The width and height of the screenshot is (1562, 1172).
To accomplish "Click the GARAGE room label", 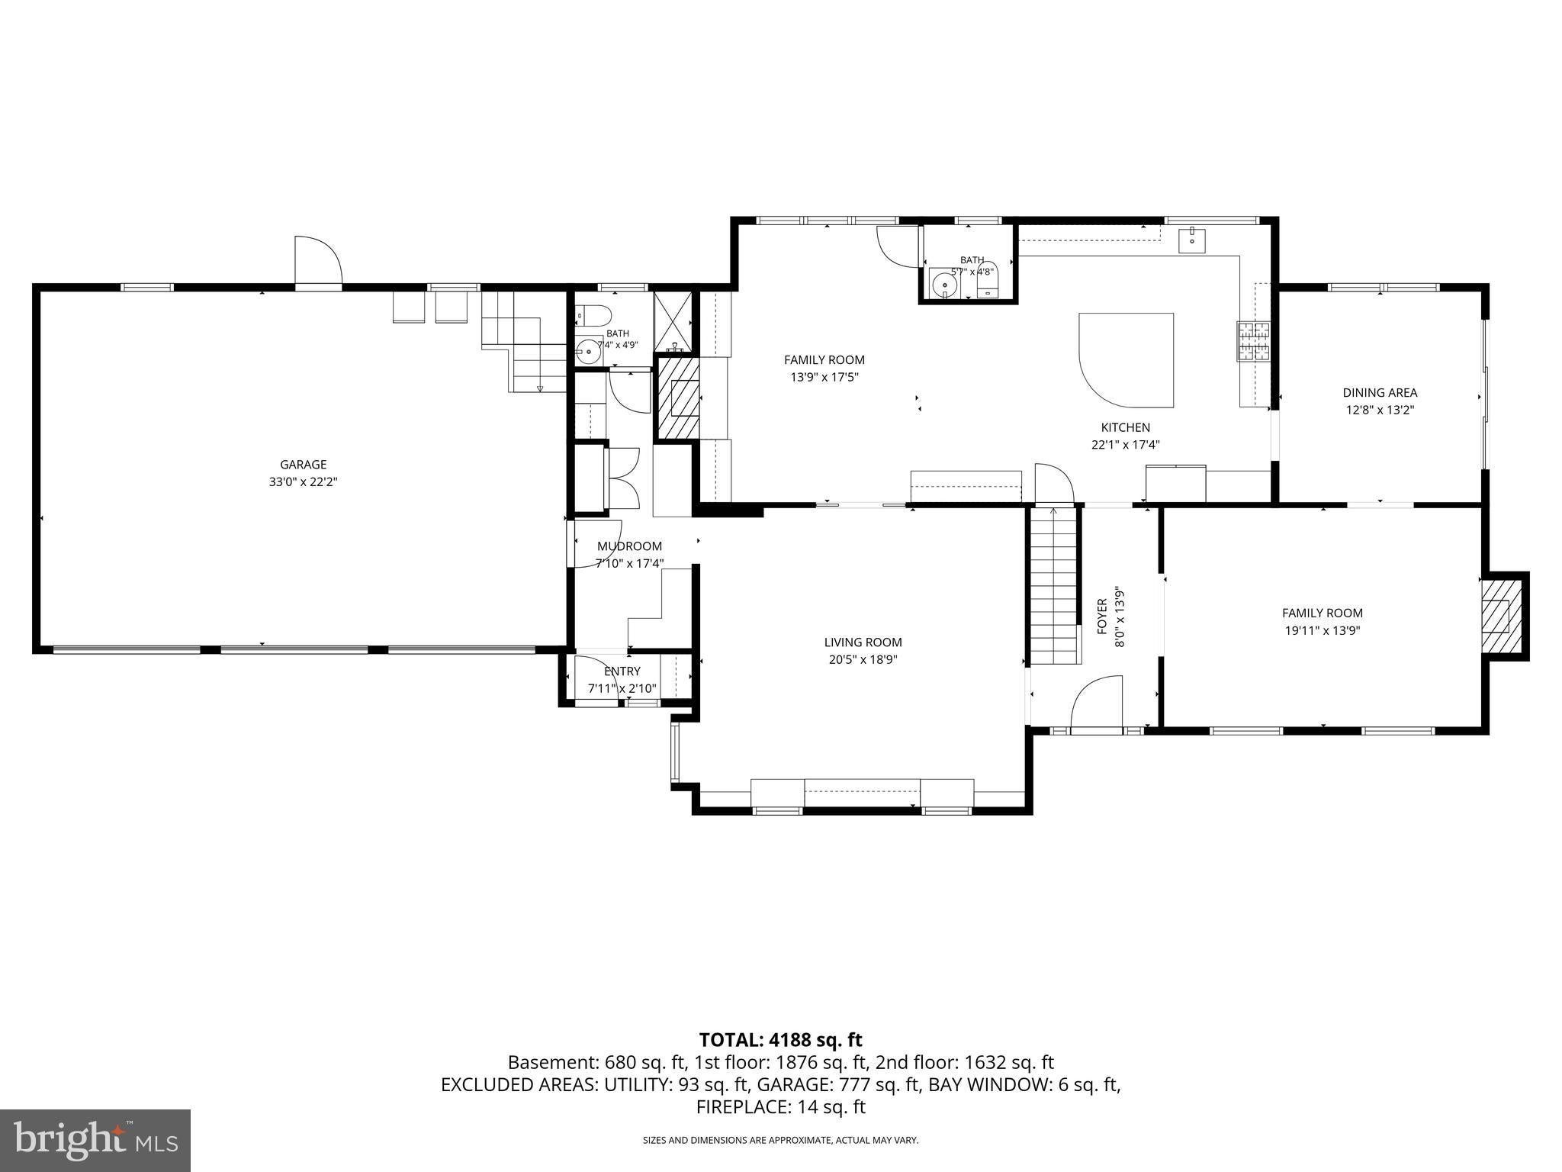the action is [x=303, y=464].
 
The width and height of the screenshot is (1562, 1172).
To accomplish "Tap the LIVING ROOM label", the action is [x=863, y=642].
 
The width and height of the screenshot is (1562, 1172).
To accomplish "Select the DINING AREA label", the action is [x=1380, y=393].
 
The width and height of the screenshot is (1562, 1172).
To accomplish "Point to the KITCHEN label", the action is [x=1125, y=427].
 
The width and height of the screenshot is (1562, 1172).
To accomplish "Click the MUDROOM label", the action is [x=629, y=546].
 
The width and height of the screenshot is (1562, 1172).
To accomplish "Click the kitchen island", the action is [x=1126, y=359].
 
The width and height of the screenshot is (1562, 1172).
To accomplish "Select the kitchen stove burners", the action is [x=1254, y=341].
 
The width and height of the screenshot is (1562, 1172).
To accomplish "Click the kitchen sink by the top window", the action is [x=1192, y=240].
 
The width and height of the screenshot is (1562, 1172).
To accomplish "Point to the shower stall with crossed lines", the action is [x=673, y=321].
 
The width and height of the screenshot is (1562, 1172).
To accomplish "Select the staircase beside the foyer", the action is [x=1053, y=585].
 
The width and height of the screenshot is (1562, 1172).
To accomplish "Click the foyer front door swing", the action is [x=1097, y=704].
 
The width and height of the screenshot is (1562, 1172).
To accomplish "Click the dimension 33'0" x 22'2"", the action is [x=303, y=481].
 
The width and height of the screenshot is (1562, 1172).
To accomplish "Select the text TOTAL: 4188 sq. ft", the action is [x=780, y=1039].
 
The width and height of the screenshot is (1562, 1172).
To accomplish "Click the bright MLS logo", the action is [x=95, y=1140].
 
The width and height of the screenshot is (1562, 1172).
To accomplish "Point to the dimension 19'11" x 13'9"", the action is [x=1323, y=630].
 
